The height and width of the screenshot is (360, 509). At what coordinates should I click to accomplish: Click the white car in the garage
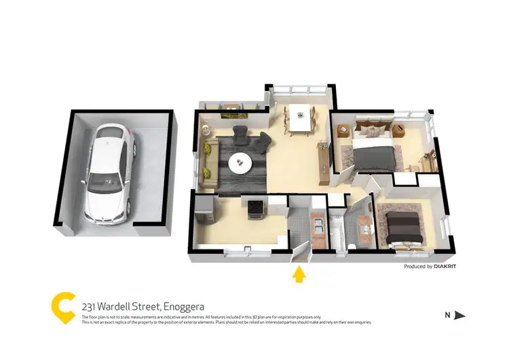point(110,174)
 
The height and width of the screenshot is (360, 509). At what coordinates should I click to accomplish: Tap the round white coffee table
point(240,163)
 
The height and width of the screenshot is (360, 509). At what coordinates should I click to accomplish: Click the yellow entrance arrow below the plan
point(298,274)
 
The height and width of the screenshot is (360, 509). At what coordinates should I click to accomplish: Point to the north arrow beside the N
point(459,314)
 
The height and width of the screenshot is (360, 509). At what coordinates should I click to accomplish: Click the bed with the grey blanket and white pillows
point(373,150)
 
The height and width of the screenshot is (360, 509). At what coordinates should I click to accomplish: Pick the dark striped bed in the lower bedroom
point(403,228)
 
